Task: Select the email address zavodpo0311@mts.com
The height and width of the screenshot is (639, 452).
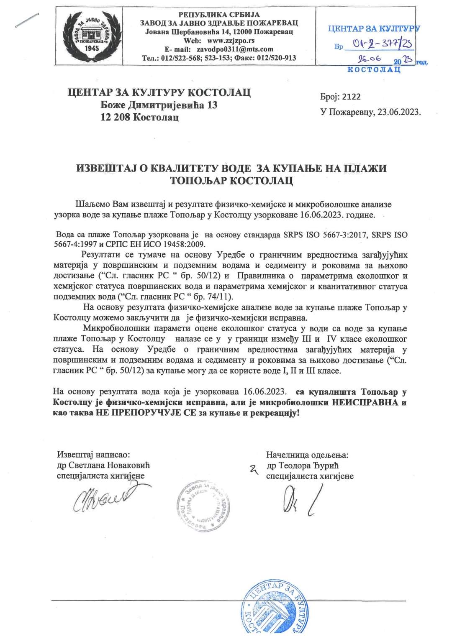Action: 235,49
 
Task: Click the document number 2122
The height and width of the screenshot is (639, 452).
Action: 351,97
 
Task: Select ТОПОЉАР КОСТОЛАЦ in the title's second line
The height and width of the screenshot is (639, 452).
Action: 231,181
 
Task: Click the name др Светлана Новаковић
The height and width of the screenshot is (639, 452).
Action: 103,465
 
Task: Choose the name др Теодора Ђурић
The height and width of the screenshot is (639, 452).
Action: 302,465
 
